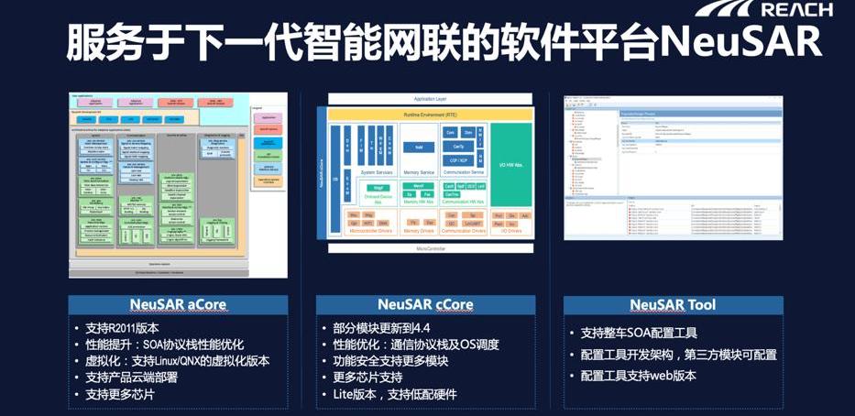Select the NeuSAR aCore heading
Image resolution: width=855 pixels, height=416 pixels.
[178, 304]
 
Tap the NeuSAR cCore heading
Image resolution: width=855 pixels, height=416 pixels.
[426, 304]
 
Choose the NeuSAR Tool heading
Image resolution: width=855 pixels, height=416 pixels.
[673, 304]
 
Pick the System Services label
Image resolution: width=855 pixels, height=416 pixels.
[376, 172]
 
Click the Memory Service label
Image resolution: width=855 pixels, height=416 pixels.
[419, 172]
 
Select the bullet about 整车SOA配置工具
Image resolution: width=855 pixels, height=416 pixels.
[640, 332]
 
